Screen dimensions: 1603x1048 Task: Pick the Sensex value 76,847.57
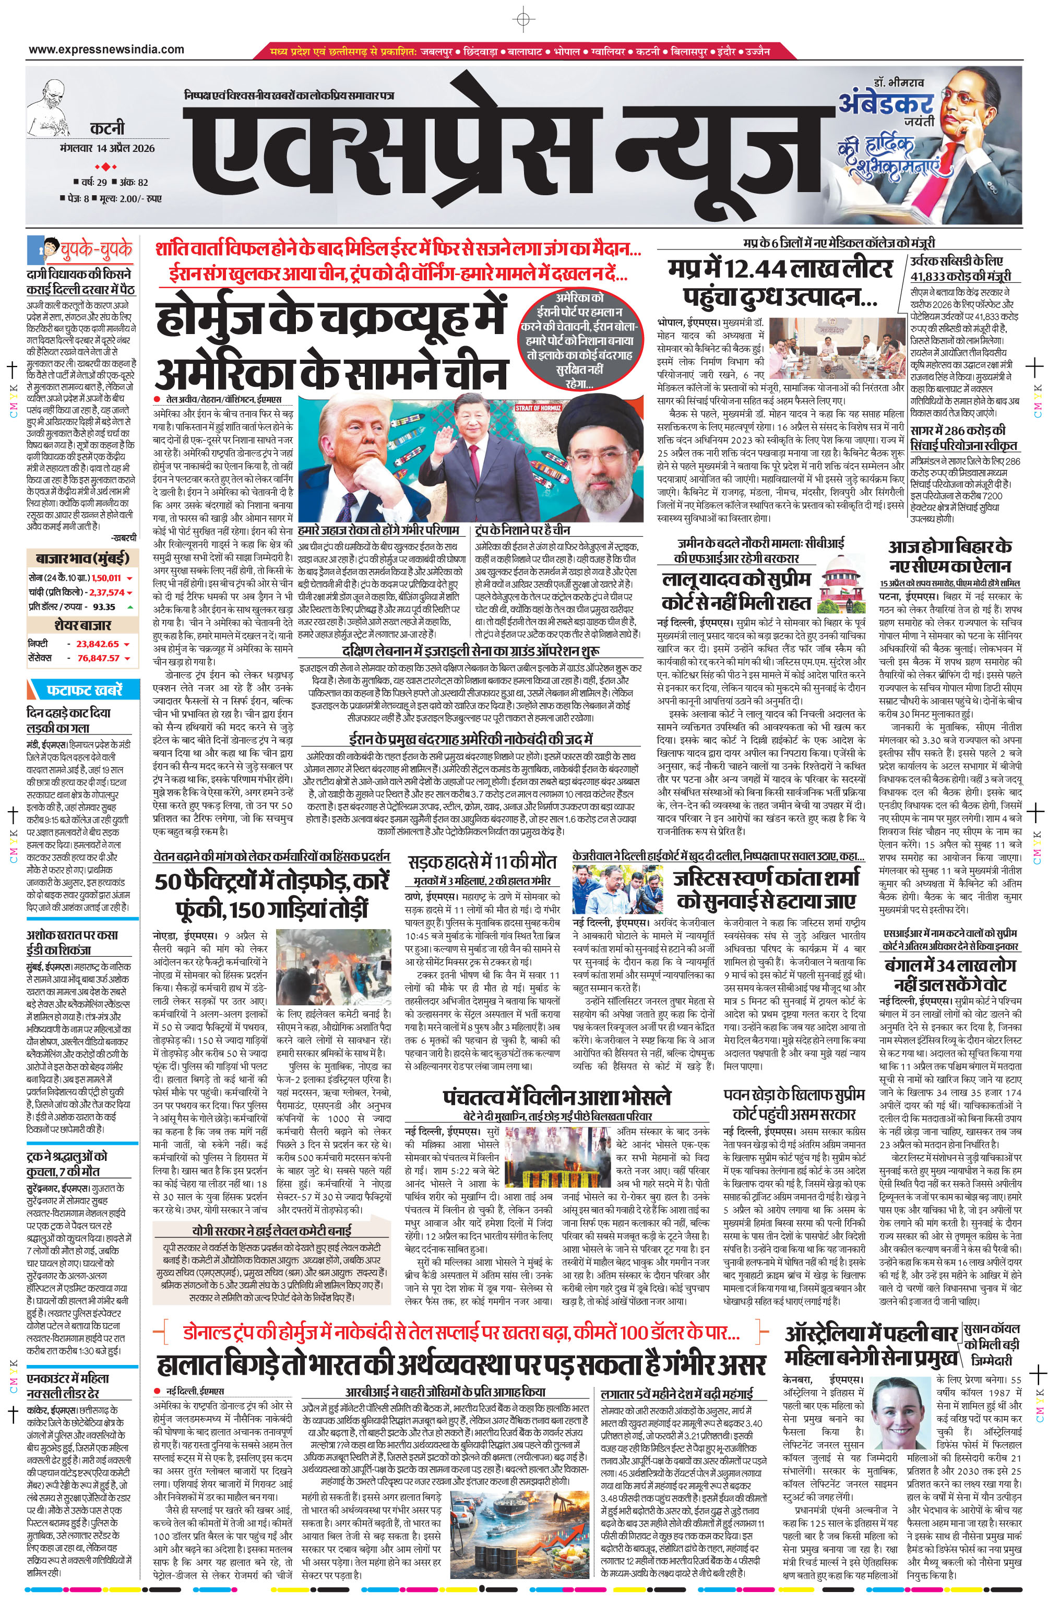point(98,658)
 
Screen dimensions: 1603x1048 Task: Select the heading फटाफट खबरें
point(84,690)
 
